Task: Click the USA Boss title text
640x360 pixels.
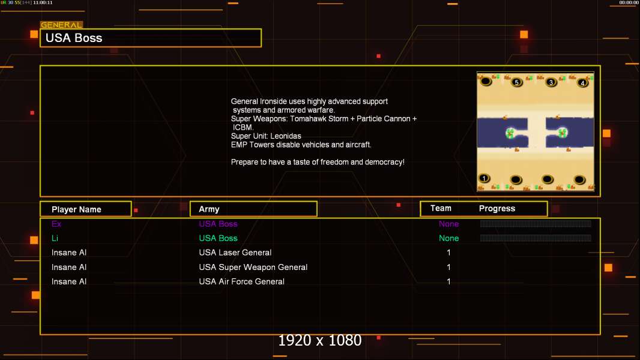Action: pyautogui.click(x=74, y=38)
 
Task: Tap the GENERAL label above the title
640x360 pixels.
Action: pyautogui.click(x=61, y=25)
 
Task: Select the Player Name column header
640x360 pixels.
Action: pyautogui.click(x=76, y=209)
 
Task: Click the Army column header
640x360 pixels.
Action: pyautogui.click(x=209, y=209)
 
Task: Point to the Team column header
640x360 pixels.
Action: pyautogui.click(x=441, y=208)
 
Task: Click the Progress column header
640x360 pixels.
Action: pyautogui.click(x=497, y=209)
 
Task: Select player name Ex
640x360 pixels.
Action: pyautogui.click(x=56, y=224)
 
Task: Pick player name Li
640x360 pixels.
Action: pyautogui.click(x=55, y=238)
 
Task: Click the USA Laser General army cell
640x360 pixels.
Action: pyautogui.click(x=235, y=253)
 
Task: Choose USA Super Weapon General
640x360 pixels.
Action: pyautogui.click(x=253, y=267)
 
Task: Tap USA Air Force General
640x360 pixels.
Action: pyautogui.click(x=241, y=281)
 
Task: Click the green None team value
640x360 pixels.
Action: pyautogui.click(x=448, y=238)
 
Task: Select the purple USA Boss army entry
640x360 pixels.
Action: pyautogui.click(x=218, y=224)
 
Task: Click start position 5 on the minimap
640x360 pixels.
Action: pyautogui.click(x=517, y=82)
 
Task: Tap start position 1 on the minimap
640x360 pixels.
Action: pyautogui.click(x=484, y=178)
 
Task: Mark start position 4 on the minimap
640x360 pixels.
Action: pyautogui.click(x=582, y=83)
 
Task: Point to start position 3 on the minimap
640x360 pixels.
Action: pyautogui.click(x=551, y=82)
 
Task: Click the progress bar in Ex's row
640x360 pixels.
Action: pyautogui.click(x=536, y=223)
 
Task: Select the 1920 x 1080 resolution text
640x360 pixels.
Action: pyautogui.click(x=320, y=340)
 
